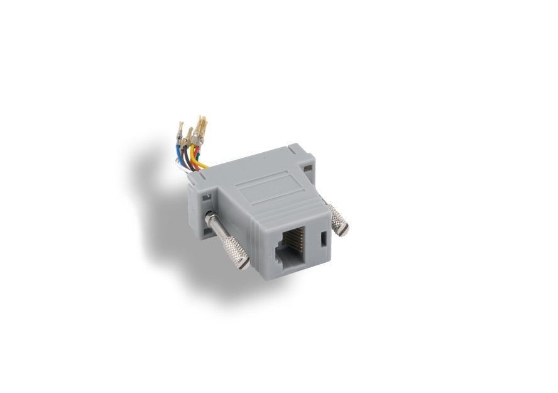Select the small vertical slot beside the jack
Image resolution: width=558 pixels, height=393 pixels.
(x=323, y=240)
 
